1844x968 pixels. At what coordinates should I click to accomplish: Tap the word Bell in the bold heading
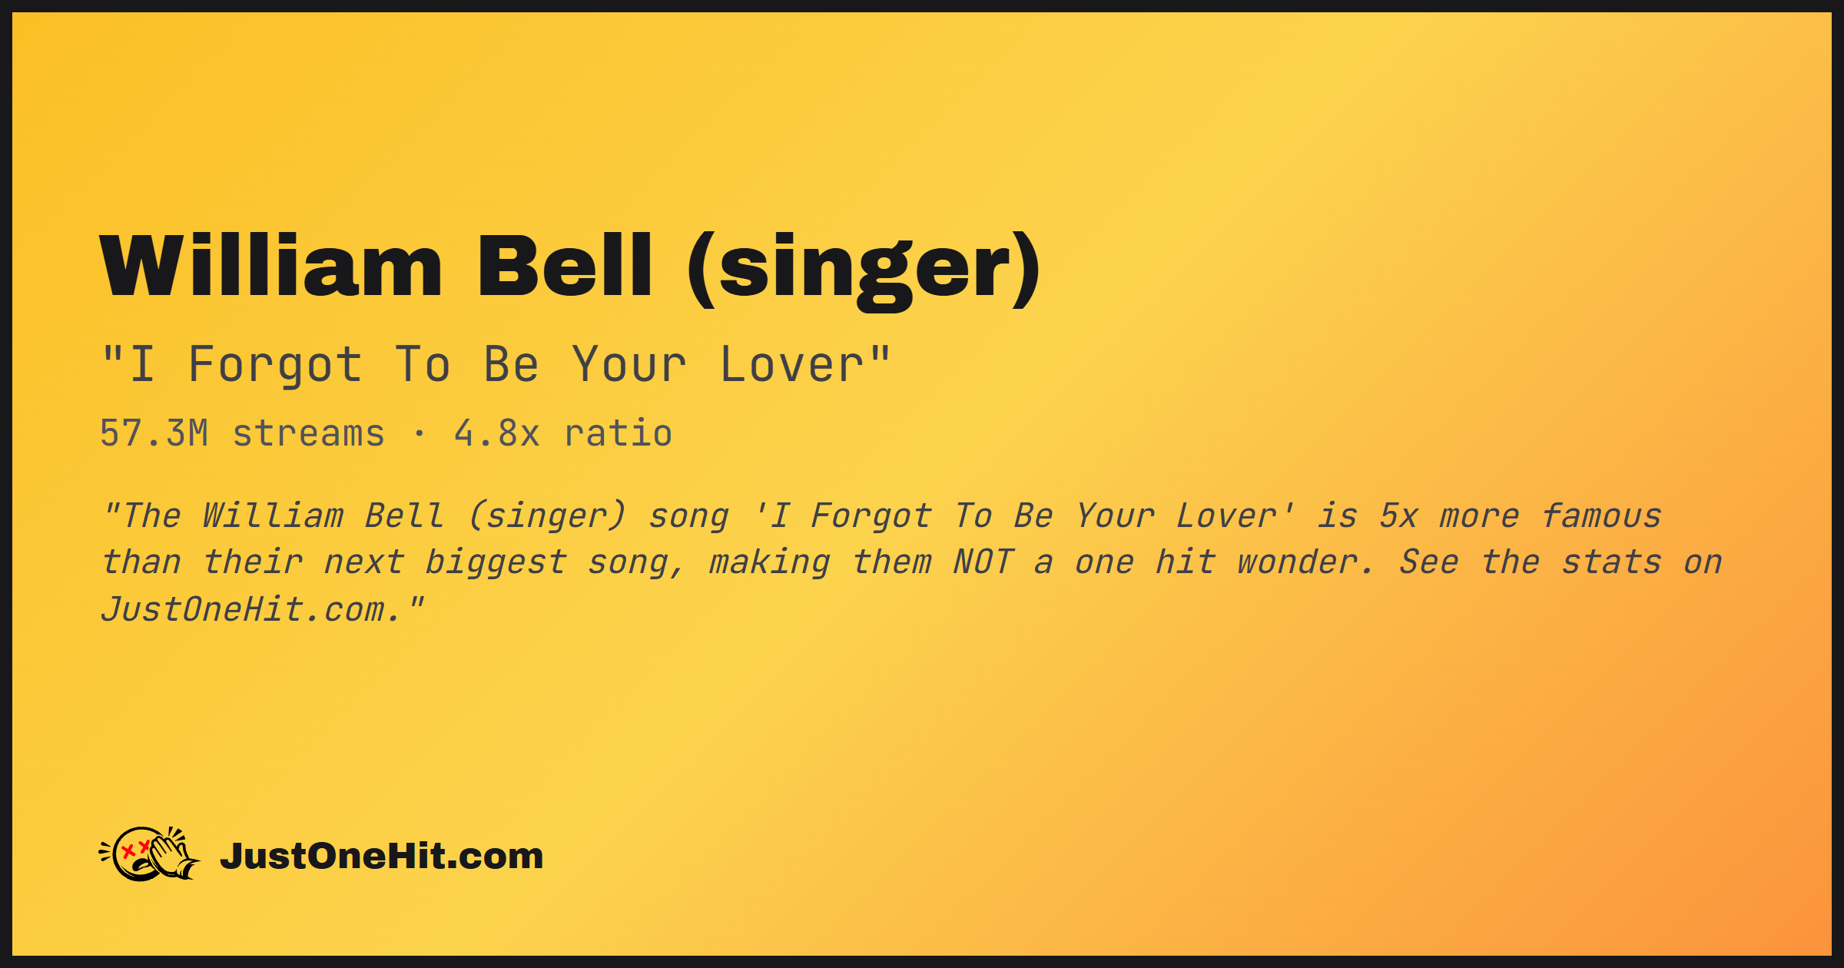pos(565,265)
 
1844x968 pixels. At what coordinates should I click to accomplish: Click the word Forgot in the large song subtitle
pos(275,365)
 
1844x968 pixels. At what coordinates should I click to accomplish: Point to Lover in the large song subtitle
pos(792,364)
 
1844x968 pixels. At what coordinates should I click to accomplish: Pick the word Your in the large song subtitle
pos(629,364)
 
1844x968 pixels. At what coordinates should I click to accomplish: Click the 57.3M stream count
pos(154,433)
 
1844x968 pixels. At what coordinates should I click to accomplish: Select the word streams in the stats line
pos(309,434)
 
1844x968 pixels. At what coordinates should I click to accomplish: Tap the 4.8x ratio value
pos(497,433)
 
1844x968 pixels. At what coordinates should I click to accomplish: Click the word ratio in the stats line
pos(619,433)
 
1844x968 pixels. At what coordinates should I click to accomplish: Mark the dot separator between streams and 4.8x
pos(420,434)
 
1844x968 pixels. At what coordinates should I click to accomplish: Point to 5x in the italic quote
pos(1398,515)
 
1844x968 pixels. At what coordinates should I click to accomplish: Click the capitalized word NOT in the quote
pos(983,562)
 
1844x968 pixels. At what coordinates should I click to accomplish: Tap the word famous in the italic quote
pos(1602,515)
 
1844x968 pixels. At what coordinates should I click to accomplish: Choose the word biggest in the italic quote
pos(496,563)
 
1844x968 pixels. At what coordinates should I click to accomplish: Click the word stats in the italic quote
pos(1612,562)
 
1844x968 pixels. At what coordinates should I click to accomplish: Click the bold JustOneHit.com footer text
pos(382,856)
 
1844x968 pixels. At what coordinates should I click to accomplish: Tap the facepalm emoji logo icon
pos(149,854)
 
